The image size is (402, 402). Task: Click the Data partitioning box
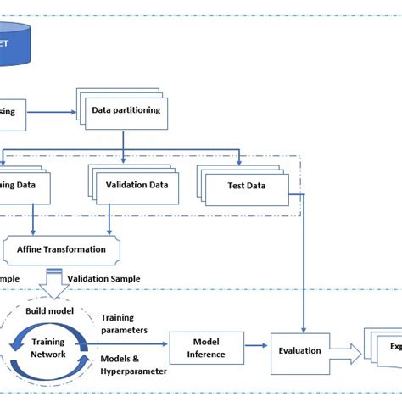[126, 110]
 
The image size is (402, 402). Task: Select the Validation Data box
[135, 185]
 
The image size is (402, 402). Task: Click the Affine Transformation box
[61, 249]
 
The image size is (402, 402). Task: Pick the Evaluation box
[299, 350]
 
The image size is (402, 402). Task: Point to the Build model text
[48, 311]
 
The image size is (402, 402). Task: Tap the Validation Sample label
[103, 278]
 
